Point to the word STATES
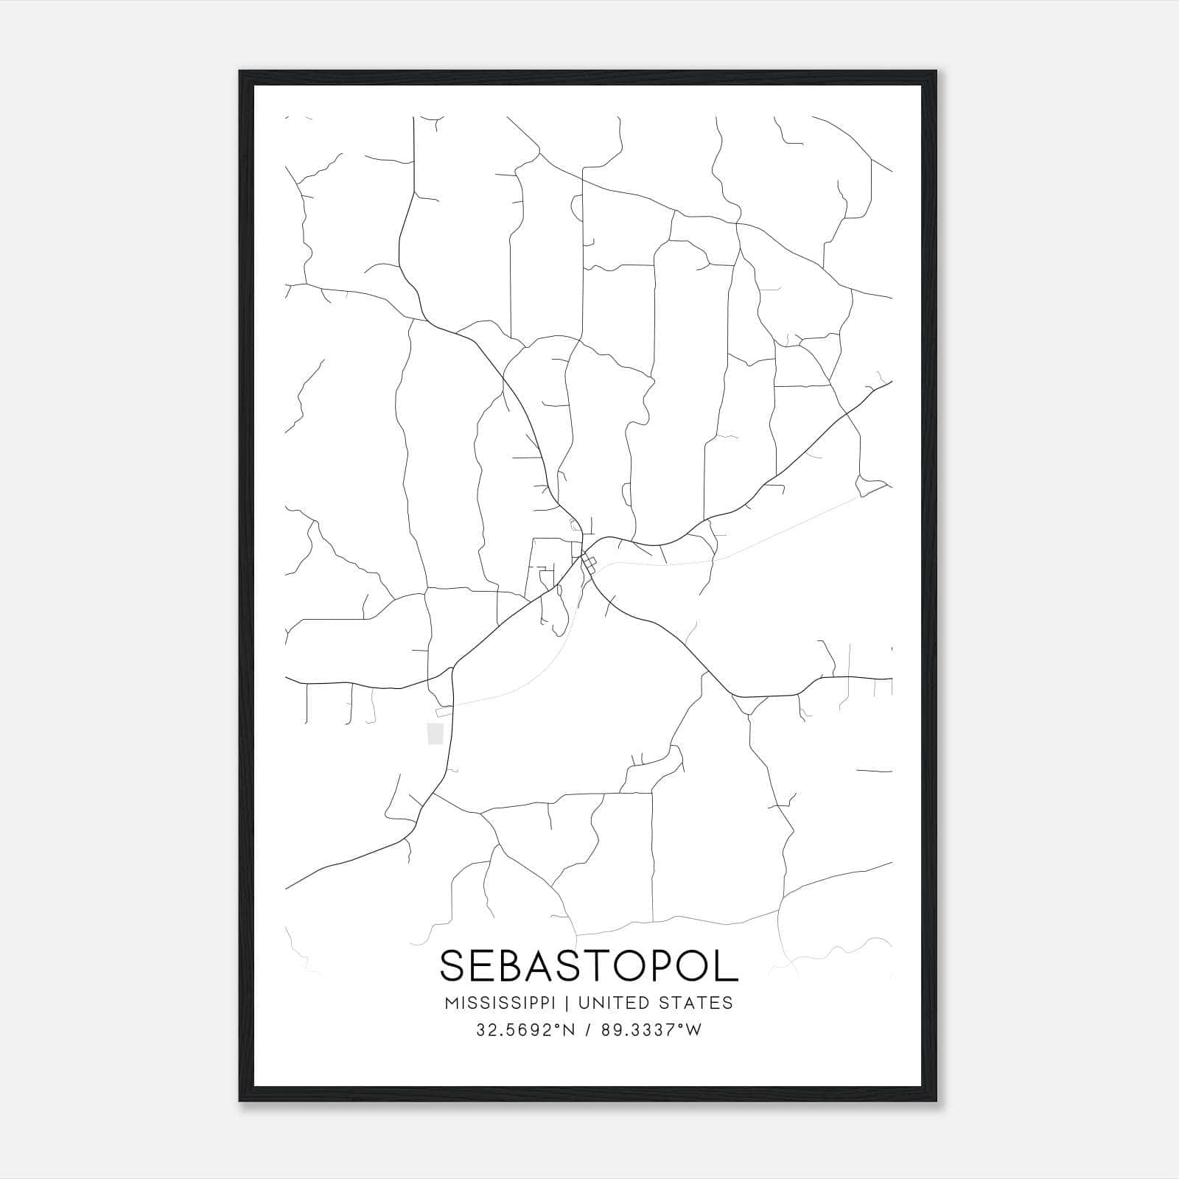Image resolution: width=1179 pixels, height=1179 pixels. pyautogui.click(x=696, y=1003)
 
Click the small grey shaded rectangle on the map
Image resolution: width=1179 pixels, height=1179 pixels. pyautogui.click(x=435, y=733)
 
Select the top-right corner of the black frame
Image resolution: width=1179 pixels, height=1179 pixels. pyautogui.click(x=936, y=71)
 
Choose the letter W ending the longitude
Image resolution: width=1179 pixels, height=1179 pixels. pyautogui.click(x=693, y=1030)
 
